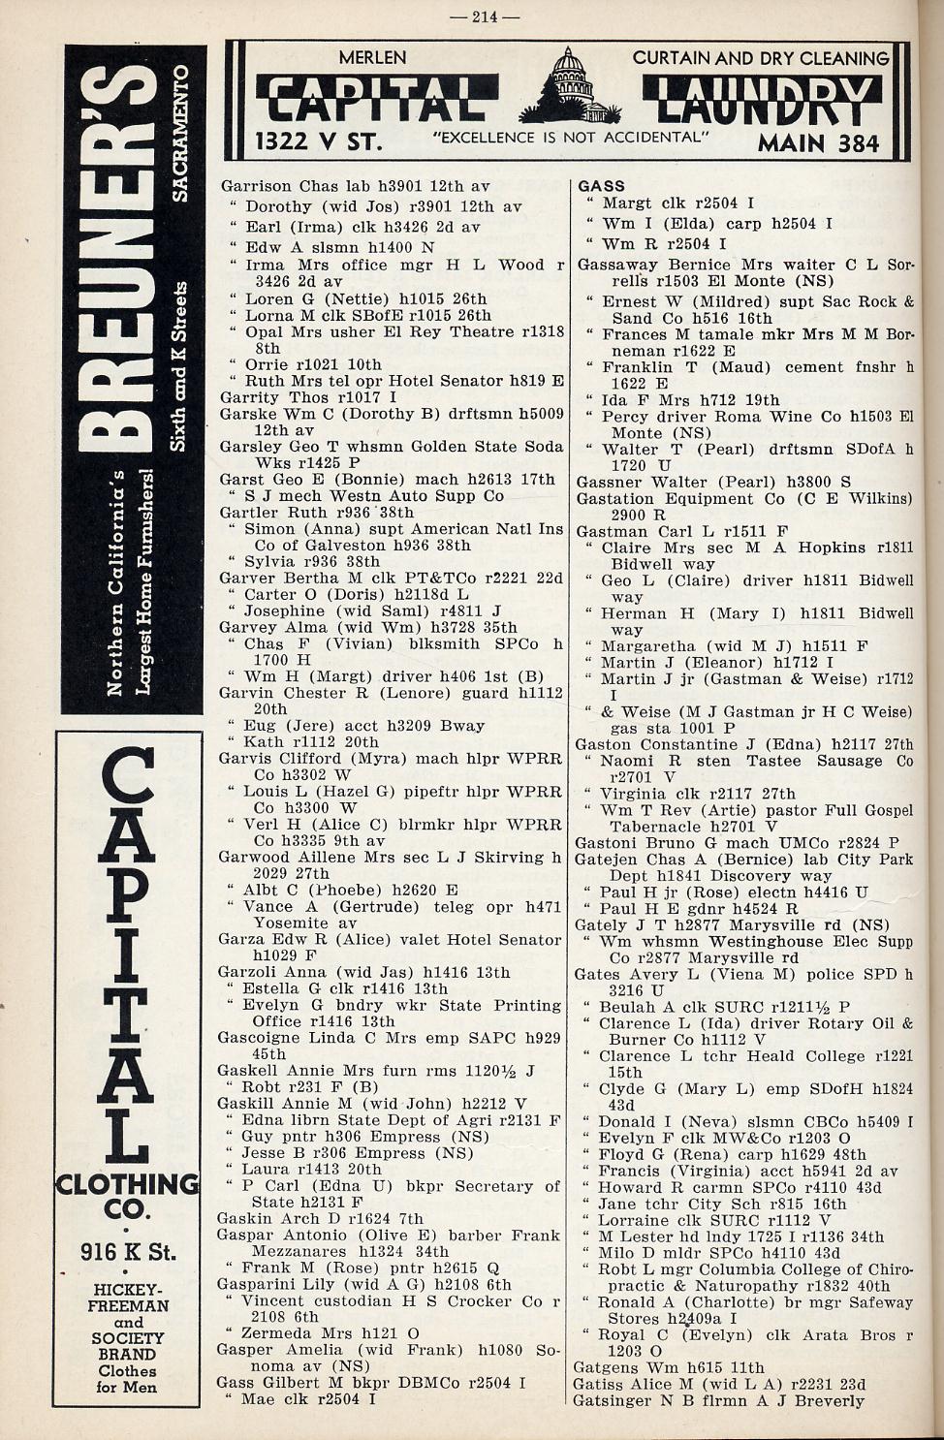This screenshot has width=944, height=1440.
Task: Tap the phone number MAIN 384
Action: (x=818, y=143)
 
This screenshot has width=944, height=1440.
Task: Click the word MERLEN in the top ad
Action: (x=372, y=58)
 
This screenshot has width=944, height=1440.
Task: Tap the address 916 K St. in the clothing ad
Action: (x=128, y=1251)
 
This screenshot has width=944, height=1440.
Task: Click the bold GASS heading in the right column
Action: (x=601, y=186)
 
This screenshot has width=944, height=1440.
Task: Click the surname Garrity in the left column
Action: (x=250, y=397)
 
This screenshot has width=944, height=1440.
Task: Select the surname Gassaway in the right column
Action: (x=617, y=265)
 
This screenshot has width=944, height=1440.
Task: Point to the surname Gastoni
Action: (x=605, y=843)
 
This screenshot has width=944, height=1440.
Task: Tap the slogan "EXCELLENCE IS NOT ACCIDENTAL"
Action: (x=569, y=138)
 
